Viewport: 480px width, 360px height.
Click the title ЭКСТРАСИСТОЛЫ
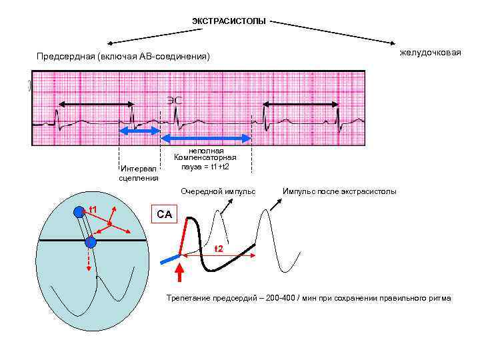coord(229,22)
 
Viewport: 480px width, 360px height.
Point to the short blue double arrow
coord(139,132)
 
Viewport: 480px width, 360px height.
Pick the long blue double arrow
coord(206,138)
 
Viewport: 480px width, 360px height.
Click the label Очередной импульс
coord(218,191)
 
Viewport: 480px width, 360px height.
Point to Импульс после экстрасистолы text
coord(339,191)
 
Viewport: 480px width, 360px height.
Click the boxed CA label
coord(164,214)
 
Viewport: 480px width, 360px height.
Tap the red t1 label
coord(93,210)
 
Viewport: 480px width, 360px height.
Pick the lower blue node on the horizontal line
coord(91,242)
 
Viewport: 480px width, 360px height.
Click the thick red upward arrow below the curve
coord(179,273)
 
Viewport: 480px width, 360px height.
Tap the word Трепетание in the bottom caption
coord(187,297)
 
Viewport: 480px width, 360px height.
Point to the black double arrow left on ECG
coord(96,104)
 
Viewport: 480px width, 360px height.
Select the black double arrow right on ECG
coord(301,104)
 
